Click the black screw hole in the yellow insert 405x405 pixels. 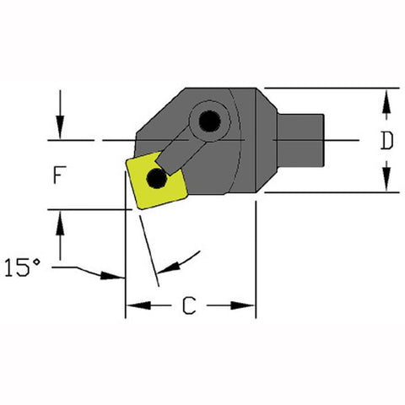[x=156, y=178]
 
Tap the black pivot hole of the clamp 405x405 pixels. [x=208, y=121]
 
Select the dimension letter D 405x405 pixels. [x=386, y=141]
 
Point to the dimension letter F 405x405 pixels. [x=58, y=175]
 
